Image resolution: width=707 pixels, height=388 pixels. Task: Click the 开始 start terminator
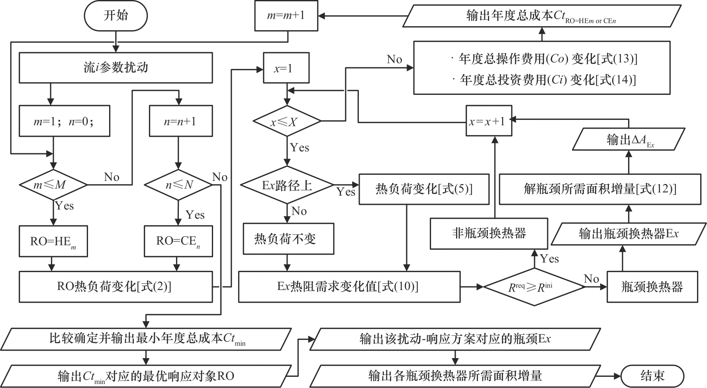[x=116, y=16]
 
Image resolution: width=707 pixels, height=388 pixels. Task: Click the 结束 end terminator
[x=652, y=376]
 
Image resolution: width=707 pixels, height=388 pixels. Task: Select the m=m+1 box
[x=286, y=16]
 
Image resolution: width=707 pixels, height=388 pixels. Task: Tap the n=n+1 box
[x=180, y=121]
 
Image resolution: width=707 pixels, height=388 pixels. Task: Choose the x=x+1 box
[x=488, y=121]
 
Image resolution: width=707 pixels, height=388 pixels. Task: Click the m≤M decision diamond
[x=53, y=185]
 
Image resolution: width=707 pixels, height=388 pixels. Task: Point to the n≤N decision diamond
[x=178, y=185]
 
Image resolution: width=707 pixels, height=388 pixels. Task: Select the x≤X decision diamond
[x=287, y=121]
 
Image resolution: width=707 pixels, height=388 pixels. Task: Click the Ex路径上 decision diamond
[x=287, y=185]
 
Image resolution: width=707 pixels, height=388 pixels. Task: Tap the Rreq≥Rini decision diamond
[x=534, y=286]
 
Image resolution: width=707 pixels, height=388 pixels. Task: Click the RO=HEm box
[x=53, y=241]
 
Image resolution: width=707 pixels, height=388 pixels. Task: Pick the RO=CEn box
[x=178, y=241]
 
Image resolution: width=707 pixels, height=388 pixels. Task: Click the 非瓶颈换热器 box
[x=489, y=233]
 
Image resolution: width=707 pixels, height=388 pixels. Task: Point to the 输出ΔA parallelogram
[x=629, y=139]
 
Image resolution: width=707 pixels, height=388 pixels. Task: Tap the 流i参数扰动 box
[x=116, y=68]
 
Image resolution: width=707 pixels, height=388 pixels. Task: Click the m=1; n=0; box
[x=64, y=121]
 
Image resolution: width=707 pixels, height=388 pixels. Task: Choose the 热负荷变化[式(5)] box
[x=424, y=189]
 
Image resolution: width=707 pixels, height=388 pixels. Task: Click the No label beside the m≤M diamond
[x=112, y=177]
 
